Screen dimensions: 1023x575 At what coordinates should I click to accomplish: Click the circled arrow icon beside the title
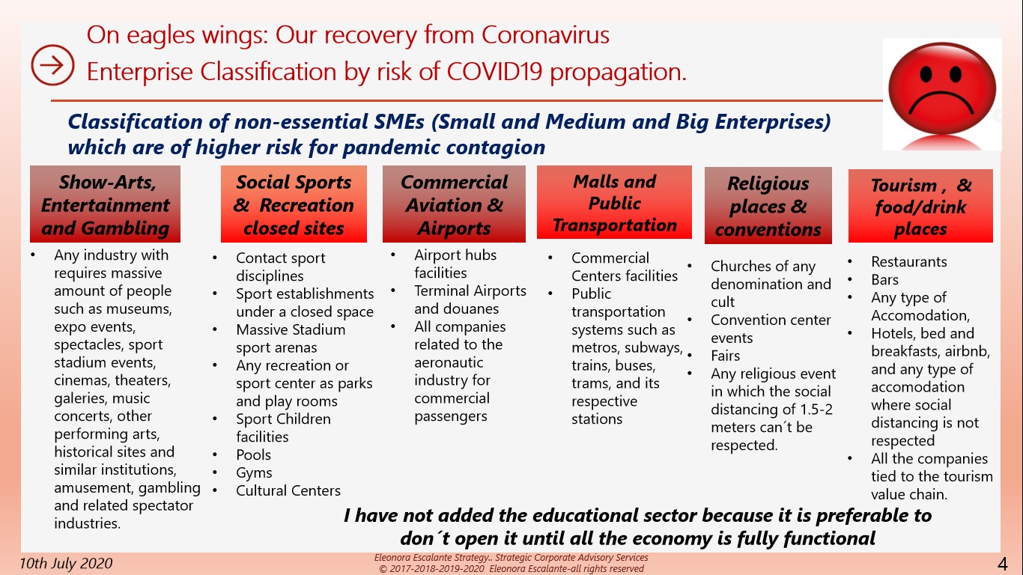[x=52, y=65]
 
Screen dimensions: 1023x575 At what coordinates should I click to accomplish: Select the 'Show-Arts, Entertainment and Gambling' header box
[x=105, y=204]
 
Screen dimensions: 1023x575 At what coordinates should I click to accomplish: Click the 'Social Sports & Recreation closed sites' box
[x=294, y=204]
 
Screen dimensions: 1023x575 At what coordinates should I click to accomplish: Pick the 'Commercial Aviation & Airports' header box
[x=454, y=204]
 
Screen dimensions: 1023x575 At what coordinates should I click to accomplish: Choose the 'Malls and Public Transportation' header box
[x=614, y=202]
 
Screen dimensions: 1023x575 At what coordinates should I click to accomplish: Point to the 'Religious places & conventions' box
[x=768, y=206]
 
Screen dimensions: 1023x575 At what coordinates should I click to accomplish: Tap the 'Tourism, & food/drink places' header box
[x=920, y=206]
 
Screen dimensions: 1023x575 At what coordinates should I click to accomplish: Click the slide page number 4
[x=1003, y=564]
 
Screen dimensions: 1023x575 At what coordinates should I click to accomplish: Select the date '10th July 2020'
[x=66, y=563]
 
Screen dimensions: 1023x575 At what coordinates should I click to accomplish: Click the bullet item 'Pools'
[x=253, y=455]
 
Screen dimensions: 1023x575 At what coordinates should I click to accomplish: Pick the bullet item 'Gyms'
[x=254, y=473]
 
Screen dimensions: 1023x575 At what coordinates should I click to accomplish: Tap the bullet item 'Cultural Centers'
[x=288, y=490]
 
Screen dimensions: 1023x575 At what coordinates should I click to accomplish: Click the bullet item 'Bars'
[x=884, y=279]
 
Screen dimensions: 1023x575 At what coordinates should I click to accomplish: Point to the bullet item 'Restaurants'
[x=909, y=262]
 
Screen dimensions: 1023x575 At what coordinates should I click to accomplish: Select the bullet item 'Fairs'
[x=725, y=356]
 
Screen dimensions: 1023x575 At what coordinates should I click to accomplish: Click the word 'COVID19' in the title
[x=494, y=72]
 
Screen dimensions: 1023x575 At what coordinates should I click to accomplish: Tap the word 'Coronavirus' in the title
[x=545, y=34]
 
